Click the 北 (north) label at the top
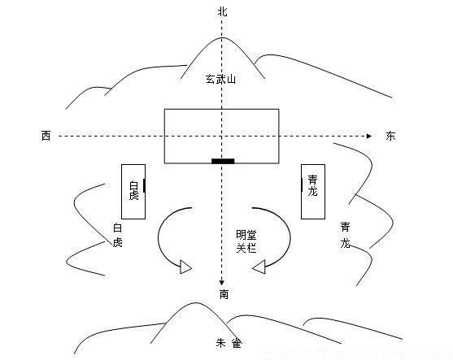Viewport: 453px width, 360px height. click(x=223, y=12)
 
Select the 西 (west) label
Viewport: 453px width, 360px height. click(x=46, y=136)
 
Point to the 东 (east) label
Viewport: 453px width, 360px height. click(x=391, y=136)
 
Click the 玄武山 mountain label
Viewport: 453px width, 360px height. click(x=220, y=79)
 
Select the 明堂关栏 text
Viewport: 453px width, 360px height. click(x=246, y=241)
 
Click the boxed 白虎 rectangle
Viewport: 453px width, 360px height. click(x=133, y=191)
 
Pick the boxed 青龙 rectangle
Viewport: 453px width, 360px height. click(x=312, y=191)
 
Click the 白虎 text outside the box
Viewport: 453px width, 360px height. click(x=117, y=236)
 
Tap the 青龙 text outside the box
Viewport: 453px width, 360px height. click(x=346, y=236)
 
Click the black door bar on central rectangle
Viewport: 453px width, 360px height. click(x=223, y=161)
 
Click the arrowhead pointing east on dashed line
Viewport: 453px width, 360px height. click(x=370, y=135)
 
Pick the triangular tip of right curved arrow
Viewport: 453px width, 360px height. click(x=258, y=267)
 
